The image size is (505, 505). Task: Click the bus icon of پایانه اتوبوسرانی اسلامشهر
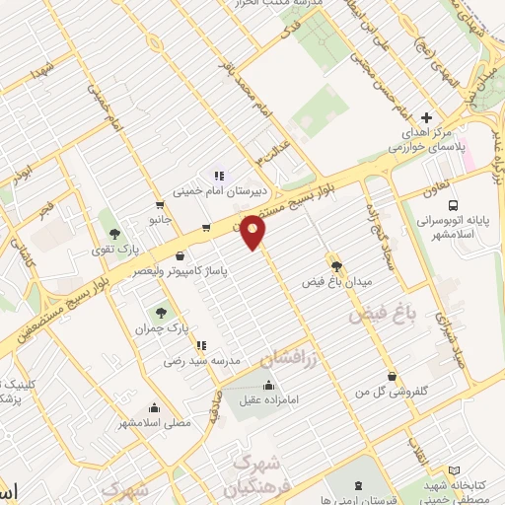coord(452,206)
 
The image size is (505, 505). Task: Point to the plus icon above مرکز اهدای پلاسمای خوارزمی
coord(426,115)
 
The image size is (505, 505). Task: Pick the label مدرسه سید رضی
coord(202,361)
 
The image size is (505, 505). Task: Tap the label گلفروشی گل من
coord(394,392)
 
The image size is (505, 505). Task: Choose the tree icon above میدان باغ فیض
coord(337,266)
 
